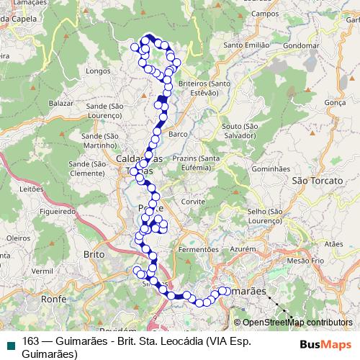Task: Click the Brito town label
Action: pyautogui.click(x=94, y=255)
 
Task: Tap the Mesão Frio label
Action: pyautogui.click(x=305, y=260)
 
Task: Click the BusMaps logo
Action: pyautogui.click(x=326, y=343)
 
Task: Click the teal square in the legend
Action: pyautogui.click(x=9, y=343)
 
